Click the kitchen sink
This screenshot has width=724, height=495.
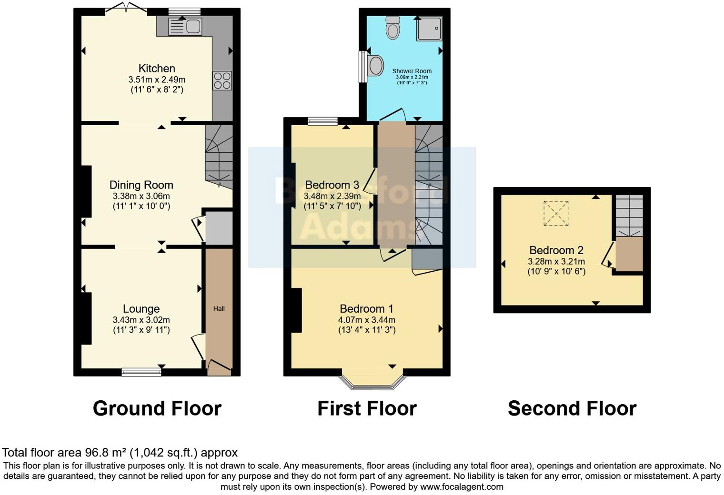185,27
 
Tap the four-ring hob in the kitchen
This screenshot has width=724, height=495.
222,80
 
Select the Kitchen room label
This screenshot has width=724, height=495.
157,69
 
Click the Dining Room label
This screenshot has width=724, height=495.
141,185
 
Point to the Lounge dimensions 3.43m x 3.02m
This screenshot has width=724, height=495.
141,320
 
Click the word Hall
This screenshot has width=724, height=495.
219,309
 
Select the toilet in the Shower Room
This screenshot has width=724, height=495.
393,28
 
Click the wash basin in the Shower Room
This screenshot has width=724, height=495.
375,66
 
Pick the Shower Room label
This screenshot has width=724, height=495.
412,71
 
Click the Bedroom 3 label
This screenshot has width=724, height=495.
332,185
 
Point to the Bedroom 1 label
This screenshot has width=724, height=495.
366,309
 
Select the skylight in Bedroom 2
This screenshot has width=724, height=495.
556,213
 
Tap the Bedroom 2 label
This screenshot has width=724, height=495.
556,250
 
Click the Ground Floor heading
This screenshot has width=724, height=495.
157,409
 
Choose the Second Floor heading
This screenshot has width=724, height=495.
572,409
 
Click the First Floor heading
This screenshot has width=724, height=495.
367,409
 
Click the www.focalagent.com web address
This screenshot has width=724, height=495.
461,487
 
